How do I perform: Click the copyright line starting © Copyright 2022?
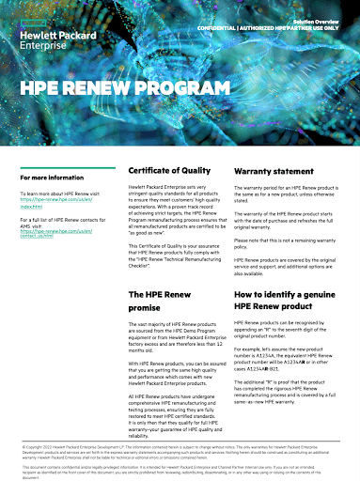click(x=180, y=447)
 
